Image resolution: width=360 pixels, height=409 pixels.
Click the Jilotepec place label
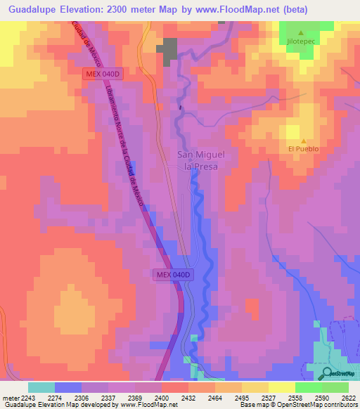tap(302, 43)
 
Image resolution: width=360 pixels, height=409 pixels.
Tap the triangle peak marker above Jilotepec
tap(302, 33)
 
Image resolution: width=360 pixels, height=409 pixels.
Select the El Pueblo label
tap(303, 149)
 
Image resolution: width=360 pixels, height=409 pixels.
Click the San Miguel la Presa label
tap(201, 161)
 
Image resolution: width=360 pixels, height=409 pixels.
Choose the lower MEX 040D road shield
tap(172, 275)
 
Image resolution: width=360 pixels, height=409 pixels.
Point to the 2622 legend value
tap(349, 398)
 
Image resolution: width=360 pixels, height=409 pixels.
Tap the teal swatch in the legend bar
tap(41, 387)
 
